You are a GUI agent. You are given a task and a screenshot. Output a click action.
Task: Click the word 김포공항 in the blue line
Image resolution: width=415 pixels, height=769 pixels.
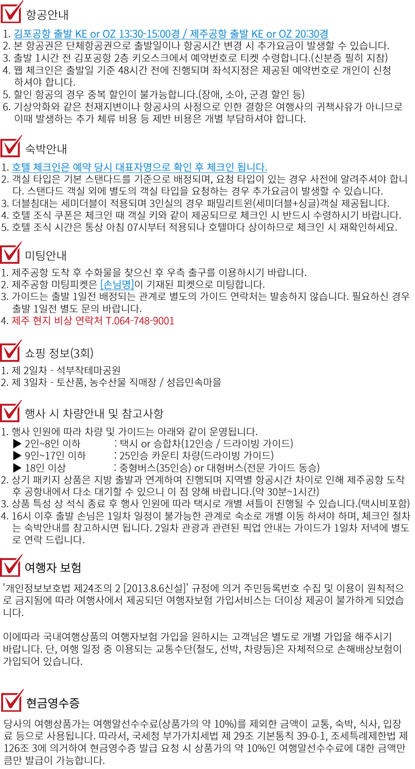click(x=32, y=34)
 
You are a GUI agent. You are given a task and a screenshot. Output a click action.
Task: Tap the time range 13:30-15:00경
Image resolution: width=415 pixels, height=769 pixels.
click(x=149, y=34)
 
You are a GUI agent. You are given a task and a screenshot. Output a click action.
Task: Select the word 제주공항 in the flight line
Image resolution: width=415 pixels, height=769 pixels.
click(x=208, y=34)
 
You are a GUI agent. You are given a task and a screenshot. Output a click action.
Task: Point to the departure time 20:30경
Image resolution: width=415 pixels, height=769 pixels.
click(x=312, y=34)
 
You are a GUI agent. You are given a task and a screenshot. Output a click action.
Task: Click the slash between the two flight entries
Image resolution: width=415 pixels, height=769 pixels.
click(x=184, y=34)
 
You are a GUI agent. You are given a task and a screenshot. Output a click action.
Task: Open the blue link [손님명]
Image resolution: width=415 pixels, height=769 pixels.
click(x=117, y=285)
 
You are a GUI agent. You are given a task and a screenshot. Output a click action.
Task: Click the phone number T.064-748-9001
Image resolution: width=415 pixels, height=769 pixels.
click(x=140, y=321)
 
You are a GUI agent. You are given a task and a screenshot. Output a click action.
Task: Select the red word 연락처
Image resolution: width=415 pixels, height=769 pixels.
click(x=88, y=321)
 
